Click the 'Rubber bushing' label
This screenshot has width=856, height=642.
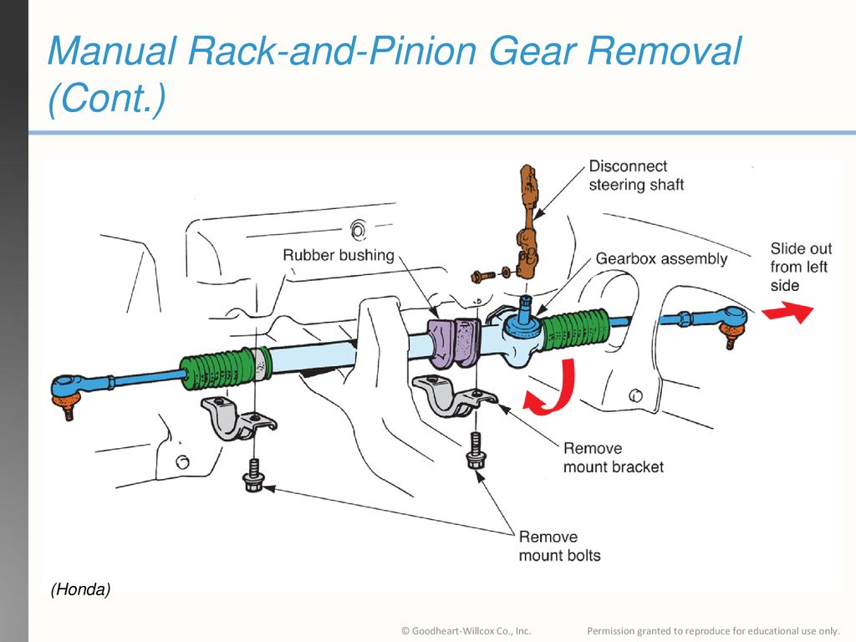tap(339, 256)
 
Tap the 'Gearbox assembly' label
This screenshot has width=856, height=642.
tap(661, 259)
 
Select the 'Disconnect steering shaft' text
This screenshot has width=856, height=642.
tap(636, 176)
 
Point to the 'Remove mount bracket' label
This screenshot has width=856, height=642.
tap(613, 457)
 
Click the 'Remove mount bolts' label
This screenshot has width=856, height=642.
tap(559, 546)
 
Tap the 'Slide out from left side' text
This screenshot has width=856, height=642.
tap(801, 267)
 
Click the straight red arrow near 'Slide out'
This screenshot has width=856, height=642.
tap(787, 313)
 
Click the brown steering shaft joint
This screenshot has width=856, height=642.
tap(528, 221)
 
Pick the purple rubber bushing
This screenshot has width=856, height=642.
tap(454, 342)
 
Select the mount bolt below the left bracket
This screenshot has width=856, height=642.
tap(253, 476)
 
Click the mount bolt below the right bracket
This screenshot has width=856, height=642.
tap(476, 451)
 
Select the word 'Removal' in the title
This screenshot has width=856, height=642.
tap(664, 51)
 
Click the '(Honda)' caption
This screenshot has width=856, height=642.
tap(81, 590)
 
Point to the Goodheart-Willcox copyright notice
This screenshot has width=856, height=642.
tap(466, 631)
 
